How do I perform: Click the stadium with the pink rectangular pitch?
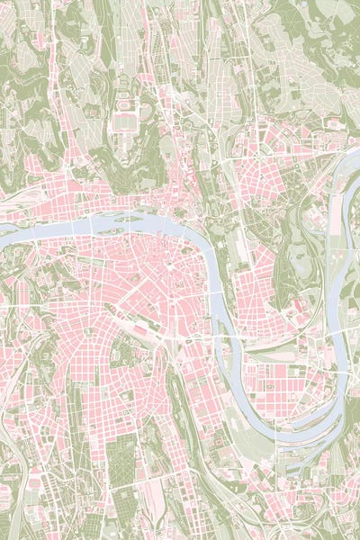coord(125,119)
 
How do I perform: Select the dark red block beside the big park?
coord(297,306)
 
